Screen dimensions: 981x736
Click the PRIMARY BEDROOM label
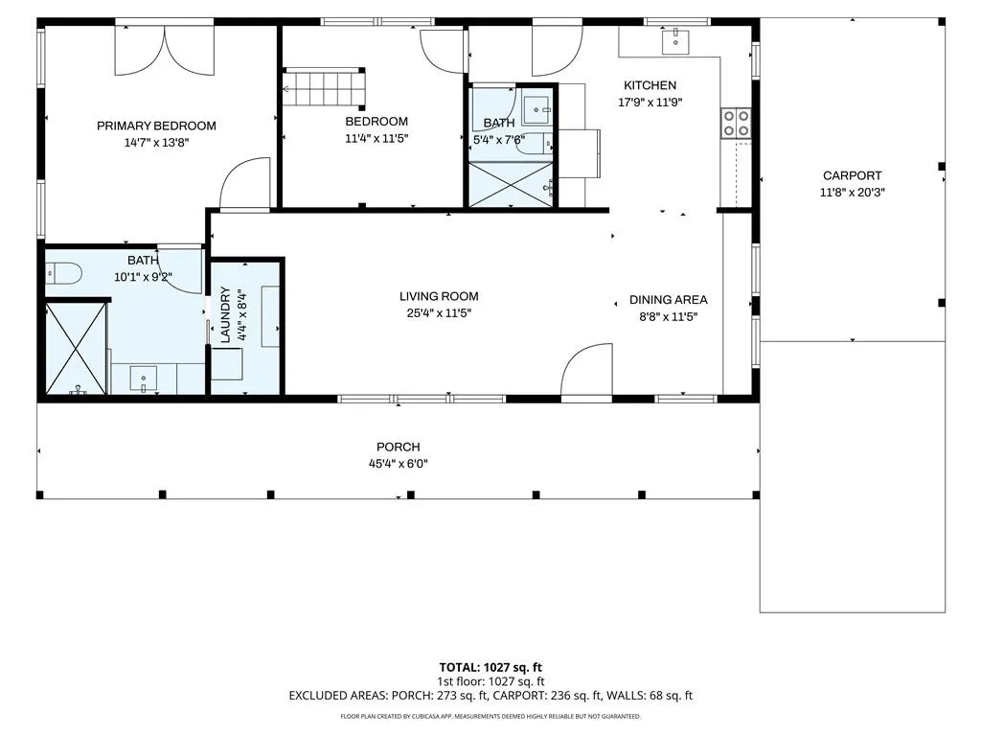tap(156, 126)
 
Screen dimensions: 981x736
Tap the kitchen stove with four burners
tap(735, 124)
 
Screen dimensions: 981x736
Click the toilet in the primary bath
tap(64, 273)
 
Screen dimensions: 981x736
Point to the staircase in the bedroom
tap(324, 87)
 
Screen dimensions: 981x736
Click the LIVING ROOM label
tap(439, 297)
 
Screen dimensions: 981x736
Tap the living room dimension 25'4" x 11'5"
tap(439, 313)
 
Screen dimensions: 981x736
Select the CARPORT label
tap(852, 176)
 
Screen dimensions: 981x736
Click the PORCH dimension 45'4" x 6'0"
tap(398, 464)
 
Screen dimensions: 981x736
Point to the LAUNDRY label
tap(226, 314)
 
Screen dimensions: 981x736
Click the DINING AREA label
tap(668, 300)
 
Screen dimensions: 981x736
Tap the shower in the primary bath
tap(77, 348)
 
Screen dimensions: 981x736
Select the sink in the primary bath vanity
tap(144, 379)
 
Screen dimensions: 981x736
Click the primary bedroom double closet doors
tap(164, 50)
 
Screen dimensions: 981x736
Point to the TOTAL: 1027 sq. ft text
tap(490, 667)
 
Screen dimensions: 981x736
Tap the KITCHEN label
tap(650, 85)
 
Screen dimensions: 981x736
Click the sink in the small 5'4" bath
tap(536, 110)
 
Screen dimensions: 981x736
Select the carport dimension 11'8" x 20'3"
tap(852, 192)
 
